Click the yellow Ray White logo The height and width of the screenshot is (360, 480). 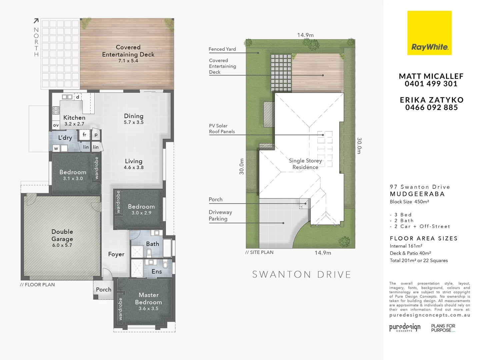[429, 33]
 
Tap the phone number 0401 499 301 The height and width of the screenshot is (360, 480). [431, 84]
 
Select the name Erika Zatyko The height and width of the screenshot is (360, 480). [431, 100]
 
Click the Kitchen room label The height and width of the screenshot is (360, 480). [74, 118]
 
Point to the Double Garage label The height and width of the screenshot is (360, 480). [62, 235]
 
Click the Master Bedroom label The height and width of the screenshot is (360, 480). [148, 299]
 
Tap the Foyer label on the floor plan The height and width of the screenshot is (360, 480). [116, 254]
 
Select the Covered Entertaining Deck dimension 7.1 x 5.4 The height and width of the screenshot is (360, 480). [128, 61]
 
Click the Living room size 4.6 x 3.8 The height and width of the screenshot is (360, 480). [134, 168]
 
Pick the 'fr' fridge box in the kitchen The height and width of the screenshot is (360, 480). [84, 135]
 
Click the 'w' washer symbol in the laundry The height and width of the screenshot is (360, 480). [56, 148]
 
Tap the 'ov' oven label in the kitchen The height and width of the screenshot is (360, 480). [56, 125]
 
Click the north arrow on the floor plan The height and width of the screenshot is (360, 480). [36, 21]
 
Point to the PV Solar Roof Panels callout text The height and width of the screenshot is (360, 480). [222, 129]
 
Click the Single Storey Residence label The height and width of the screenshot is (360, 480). [305, 164]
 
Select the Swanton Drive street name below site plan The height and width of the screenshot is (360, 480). [302, 275]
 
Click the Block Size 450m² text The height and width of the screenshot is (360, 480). [409, 202]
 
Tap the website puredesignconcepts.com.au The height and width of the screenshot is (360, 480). [430, 315]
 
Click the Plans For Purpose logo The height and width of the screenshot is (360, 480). [443, 328]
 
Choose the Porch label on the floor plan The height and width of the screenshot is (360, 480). [104, 290]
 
